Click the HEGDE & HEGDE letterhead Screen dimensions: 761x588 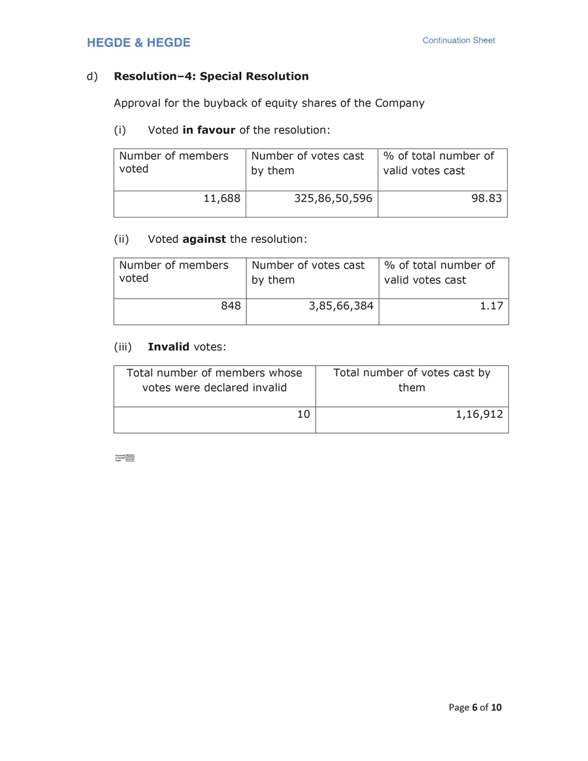[139, 43]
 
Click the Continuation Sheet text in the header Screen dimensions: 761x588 [459, 40]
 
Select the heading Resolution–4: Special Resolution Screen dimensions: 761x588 [211, 76]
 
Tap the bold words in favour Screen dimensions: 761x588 [208, 130]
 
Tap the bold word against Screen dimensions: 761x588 [204, 239]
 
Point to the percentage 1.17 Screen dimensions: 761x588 [492, 305]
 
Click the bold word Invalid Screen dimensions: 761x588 [169, 346]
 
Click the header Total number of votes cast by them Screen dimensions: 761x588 [412, 380]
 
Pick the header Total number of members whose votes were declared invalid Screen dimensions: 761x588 [214, 380]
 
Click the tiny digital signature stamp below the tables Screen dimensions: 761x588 [125, 458]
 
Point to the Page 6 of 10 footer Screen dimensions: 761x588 [475, 707]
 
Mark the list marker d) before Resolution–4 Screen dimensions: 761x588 [91, 76]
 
